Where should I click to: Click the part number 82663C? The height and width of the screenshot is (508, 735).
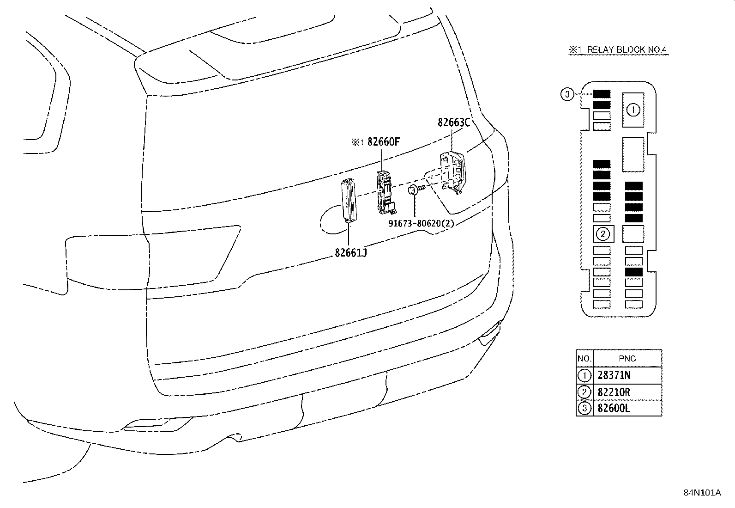pyautogui.click(x=453, y=122)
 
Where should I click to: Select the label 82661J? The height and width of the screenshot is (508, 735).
pyautogui.click(x=351, y=253)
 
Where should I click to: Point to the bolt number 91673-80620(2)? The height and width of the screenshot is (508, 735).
pyautogui.click(x=421, y=223)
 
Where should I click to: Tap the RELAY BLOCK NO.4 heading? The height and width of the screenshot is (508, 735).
pyautogui.click(x=618, y=50)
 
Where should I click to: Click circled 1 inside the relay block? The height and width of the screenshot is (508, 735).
pyautogui.click(x=633, y=110)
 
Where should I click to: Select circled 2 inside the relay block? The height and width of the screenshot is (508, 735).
pyautogui.click(x=603, y=234)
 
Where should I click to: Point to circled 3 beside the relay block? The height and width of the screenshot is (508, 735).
pyautogui.click(x=567, y=94)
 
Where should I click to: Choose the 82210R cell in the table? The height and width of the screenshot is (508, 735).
pyautogui.click(x=614, y=392)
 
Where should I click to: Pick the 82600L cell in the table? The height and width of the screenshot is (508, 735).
pyautogui.click(x=614, y=408)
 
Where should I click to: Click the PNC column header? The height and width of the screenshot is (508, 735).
pyautogui.click(x=627, y=359)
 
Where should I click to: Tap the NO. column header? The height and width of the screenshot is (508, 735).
pyautogui.click(x=584, y=359)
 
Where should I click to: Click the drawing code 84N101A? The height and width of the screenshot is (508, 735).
pyautogui.click(x=702, y=492)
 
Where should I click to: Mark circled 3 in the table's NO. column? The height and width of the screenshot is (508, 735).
pyautogui.click(x=584, y=408)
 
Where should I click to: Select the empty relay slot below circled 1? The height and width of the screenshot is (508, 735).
pyautogui.click(x=633, y=154)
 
